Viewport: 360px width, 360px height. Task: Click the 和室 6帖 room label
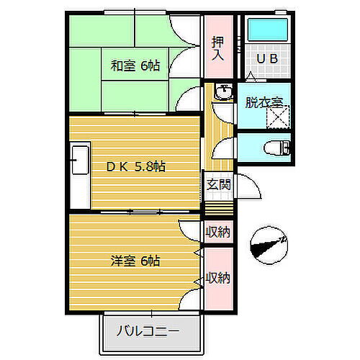(x=135, y=66)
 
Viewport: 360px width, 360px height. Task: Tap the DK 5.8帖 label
(x=137, y=166)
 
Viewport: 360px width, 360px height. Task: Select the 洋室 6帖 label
(x=135, y=260)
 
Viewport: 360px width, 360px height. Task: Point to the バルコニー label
(x=148, y=333)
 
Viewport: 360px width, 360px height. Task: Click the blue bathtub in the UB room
(x=267, y=30)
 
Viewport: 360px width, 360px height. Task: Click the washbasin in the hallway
(x=223, y=93)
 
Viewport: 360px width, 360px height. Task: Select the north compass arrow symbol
(x=267, y=245)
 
